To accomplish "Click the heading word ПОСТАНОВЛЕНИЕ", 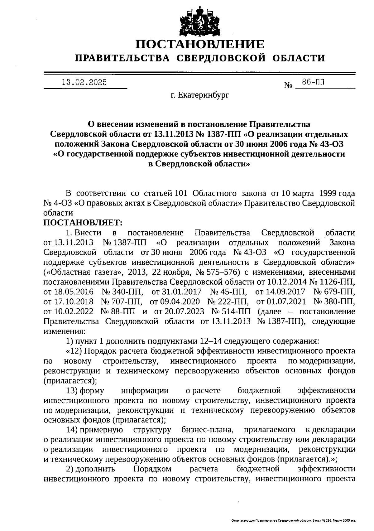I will [200, 45].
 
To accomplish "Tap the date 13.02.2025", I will [84, 82].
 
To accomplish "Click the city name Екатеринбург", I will [204, 95].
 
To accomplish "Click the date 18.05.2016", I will [69, 292].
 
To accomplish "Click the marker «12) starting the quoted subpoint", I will [74, 351].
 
